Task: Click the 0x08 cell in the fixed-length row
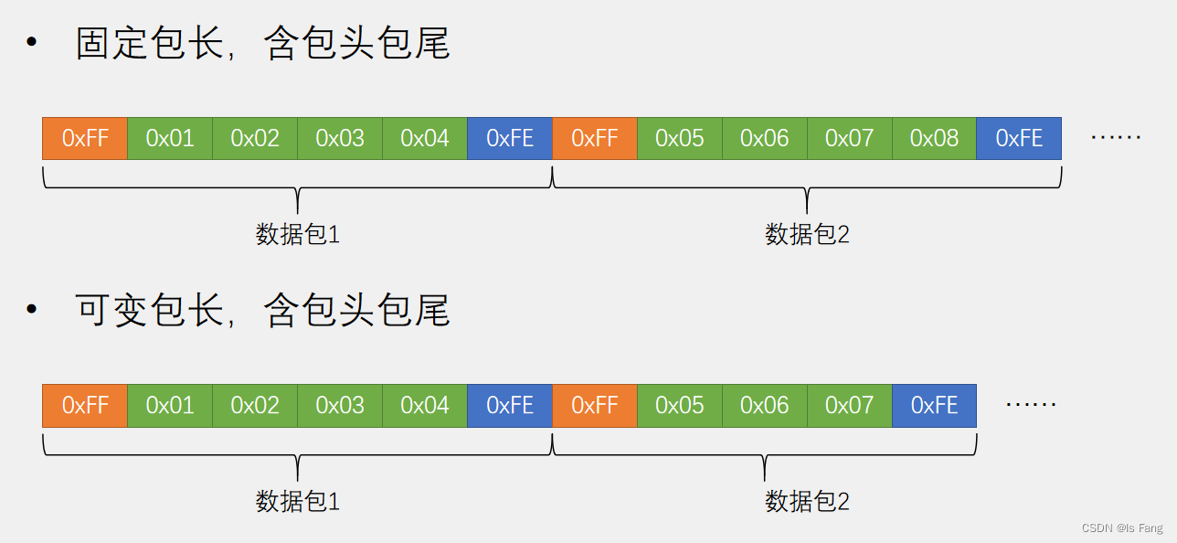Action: point(934,138)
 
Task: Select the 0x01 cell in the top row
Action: point(170,138)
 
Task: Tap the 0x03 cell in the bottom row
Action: point(340,405)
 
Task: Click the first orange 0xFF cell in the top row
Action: point(85,138)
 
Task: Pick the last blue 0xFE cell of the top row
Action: point(1019,138)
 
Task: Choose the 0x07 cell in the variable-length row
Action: point(850,405)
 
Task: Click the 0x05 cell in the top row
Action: point(680,138)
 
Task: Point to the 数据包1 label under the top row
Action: point(298,234)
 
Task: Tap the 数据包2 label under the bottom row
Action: point(807,501)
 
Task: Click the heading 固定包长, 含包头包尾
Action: point(262,44)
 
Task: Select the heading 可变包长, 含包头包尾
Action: point(262,311)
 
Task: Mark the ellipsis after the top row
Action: point(1116,138)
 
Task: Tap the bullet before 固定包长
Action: point(33,44)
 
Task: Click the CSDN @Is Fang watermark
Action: point(1121,528)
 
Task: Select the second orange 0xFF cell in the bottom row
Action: point(595,405)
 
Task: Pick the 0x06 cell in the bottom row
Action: point(765,405)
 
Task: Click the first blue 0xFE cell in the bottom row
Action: point(510,405)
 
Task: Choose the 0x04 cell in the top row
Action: point(425,138)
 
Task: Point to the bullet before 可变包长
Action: point(33,311)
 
